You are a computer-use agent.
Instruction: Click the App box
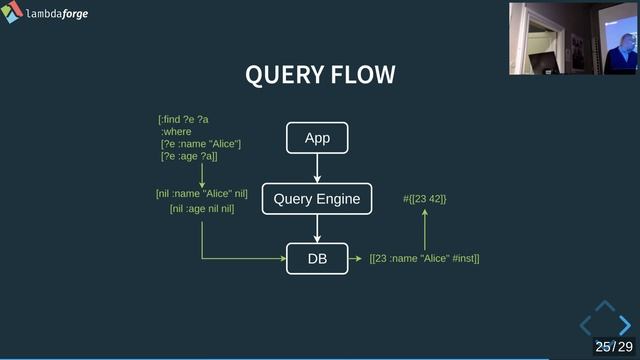coord(317,138)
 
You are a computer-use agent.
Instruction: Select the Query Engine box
coord(317,199)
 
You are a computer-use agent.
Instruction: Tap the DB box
coord(317,258)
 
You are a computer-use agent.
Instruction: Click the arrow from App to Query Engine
coord(317,168)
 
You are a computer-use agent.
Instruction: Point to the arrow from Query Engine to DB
coord(317,228)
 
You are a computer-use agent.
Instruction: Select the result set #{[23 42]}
coord(424,200)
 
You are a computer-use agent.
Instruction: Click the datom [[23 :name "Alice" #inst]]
coord(424,259)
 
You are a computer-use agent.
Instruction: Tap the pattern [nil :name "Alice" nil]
coord(201,193)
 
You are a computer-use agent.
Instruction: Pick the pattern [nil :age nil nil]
coord(201,209)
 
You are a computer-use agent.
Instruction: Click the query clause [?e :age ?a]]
coord(189,156)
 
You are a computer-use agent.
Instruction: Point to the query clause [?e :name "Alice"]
coord(200,144)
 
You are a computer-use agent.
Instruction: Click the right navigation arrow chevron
coord(624,325)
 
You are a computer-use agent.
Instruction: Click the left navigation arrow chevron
coord(587,325)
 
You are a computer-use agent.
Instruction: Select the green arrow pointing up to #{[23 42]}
coord(424,229)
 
